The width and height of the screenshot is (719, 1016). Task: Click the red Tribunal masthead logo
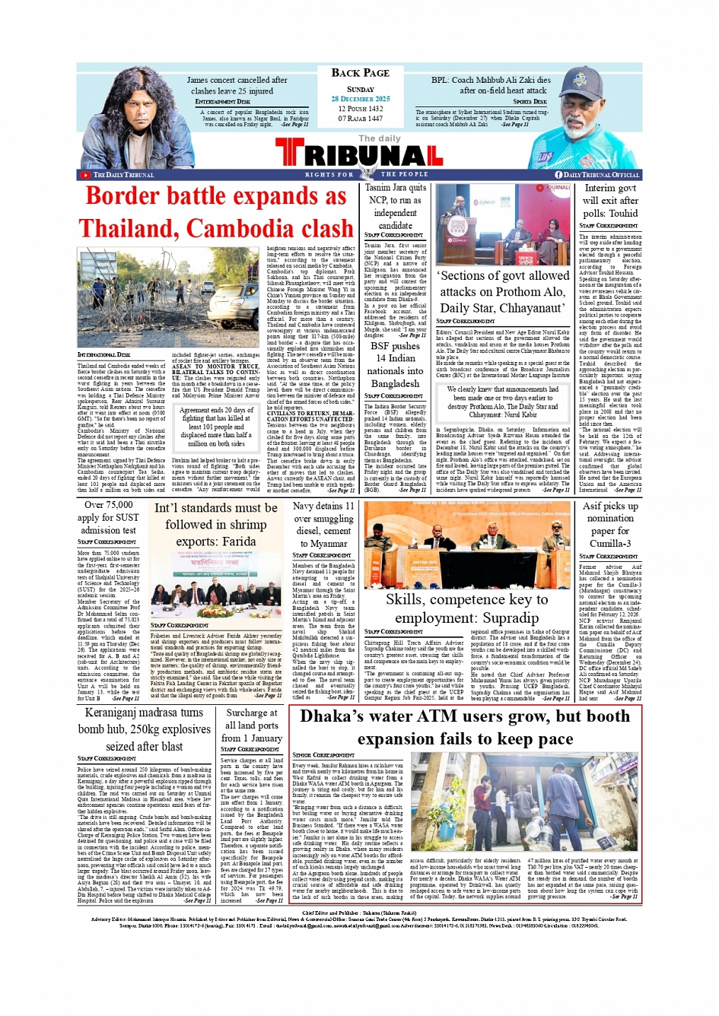pyautogui.click(x=359, y=156)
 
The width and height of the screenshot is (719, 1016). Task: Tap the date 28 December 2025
pyautogui.click(x=360, y=99)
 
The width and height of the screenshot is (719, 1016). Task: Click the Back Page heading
pyautogui.click(x=360, y=73)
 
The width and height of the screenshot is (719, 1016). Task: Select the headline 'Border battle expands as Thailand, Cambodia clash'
pyautogui.click(x=215, y=212)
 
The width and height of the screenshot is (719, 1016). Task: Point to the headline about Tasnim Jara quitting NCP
pyautogui.click(x=395, y=206)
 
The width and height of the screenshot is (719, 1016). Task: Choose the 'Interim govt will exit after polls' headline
pyautogui.click(x=609, y=201)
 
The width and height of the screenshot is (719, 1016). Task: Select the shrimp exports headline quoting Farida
pyautogui.click(x=215, y=524)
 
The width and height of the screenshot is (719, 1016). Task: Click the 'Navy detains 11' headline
pyautogui.click(x=323, y=524)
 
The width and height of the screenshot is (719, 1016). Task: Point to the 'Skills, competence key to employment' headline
pyautogui.click(x=466, y=608)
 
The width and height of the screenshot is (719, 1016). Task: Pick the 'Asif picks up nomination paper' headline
pyautogui.click(x=609, y=524)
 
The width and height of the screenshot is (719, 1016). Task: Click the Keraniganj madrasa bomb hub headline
pyautogui.click(x=144, y=729)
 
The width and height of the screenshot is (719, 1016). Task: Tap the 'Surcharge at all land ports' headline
pyautogui.click(x=251, y=725)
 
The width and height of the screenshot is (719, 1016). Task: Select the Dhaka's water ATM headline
pyautogui.click(x=466, y=728)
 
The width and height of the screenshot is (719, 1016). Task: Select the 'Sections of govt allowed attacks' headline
pyautogui.click(x=503, y=291)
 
